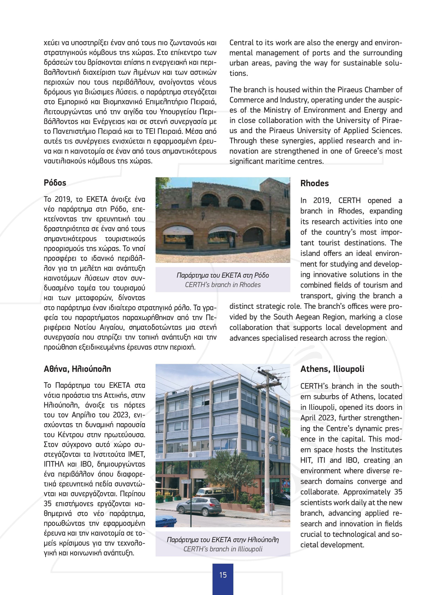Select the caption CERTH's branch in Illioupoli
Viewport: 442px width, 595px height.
tap(223, 549)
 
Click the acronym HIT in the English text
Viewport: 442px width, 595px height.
tap(306, 460)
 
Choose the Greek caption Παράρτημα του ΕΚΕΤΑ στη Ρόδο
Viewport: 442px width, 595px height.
tap(223, 275)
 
